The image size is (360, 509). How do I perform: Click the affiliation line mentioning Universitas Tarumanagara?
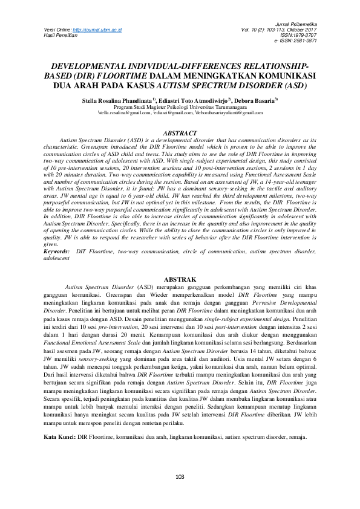pyautogui.click(x=180, y=106)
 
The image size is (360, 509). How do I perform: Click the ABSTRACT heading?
pyautogui.click(x=180, y=133)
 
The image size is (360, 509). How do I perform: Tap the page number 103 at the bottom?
pyautogui.click(x=180, y=477)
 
